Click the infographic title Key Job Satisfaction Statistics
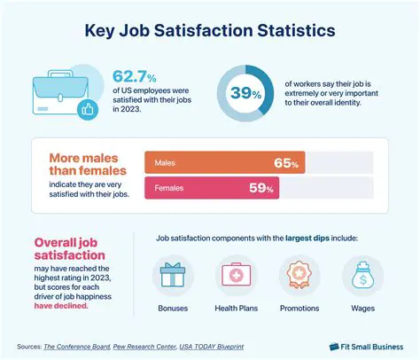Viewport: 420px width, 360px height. click(x=209, y=31)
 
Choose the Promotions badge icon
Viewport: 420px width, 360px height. click(x=299, y=277)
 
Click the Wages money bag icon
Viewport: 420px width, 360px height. click(x=362, y=277)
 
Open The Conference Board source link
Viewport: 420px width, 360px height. click(x=77, y=346)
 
